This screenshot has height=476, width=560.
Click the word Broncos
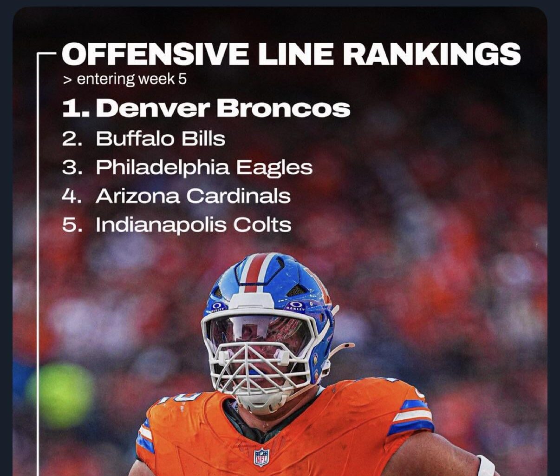coord(283,108)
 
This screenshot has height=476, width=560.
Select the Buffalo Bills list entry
coord(160,139)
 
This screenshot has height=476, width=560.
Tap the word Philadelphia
coord(163,167)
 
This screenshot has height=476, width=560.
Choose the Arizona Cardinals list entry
coord(193,196)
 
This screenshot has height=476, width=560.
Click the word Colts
coord(262,225)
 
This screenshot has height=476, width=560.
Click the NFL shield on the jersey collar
coord(261,457)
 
